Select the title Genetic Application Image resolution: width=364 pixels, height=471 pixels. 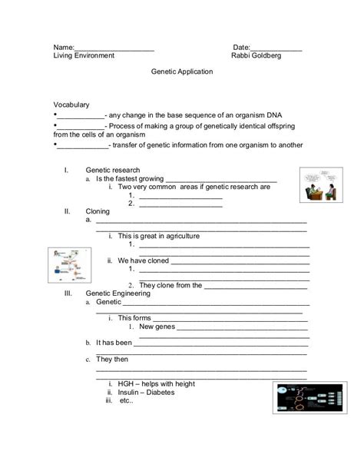pos(180,71)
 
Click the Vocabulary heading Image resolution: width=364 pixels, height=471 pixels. pos(71,104)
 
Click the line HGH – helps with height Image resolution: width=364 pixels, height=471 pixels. pos(157,383)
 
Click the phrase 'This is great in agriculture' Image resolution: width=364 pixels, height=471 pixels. pos(159,235)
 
